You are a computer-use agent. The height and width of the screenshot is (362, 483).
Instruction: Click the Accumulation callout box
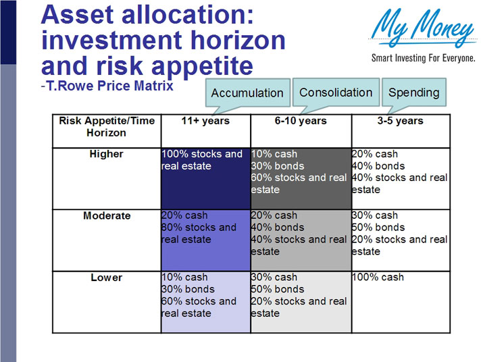point(247,93)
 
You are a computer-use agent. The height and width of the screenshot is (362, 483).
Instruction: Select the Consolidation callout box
point(336,93)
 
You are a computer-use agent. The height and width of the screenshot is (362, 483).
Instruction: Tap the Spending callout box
point(413,93)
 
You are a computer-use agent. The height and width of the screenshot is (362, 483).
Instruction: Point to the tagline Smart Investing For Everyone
point(423,58)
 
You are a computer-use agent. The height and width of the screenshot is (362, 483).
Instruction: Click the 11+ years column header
point(205,122)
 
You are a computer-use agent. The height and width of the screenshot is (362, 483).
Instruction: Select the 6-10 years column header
point(301,122)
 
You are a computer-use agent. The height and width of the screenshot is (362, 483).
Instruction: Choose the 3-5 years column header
point(401,122)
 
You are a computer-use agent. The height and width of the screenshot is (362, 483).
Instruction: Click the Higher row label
point(106,154)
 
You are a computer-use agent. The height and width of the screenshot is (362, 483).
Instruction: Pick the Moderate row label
point(106,216)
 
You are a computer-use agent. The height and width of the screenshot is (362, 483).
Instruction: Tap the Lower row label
point(106,278)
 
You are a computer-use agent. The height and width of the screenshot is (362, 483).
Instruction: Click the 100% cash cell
point(401,301)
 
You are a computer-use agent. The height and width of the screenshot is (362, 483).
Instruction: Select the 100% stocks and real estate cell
point(205,178)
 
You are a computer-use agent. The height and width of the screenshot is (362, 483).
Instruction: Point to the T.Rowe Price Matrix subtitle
point(108,86)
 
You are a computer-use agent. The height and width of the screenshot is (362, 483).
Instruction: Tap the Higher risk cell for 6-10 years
point(301,178)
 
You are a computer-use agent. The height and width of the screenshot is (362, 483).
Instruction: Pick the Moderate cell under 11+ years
point(205,240)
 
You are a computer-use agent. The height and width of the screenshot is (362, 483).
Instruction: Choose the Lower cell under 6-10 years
point(301,301)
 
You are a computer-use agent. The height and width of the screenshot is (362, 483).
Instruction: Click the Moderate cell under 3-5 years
point(401,240)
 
